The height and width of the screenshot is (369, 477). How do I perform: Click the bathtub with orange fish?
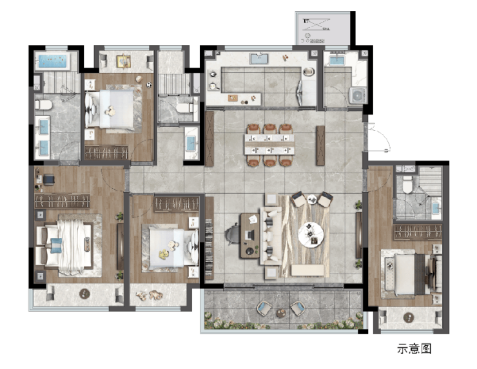click(x=52, y=61)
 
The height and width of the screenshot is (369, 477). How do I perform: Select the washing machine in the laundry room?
click(x=358, y=95)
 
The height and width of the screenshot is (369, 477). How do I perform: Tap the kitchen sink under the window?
click(x=259, y=59)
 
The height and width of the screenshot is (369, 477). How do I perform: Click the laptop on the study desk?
click(x=250, y=234)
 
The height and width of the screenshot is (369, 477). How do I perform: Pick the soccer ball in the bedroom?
click(x=149, y=85)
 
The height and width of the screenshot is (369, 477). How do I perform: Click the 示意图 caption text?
click(x=414, y=348)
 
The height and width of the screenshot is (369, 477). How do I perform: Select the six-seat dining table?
click(x=269, y=145)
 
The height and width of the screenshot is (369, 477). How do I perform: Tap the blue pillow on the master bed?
click(x=56, y=245)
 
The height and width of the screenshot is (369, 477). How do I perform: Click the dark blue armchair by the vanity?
click(x=49, y=179)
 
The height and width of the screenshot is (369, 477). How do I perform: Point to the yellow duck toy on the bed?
click(x=164, y=254)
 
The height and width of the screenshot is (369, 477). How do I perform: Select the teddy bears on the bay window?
click(x=149, y=295)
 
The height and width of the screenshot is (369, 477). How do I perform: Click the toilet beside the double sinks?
click(x=43, y=105)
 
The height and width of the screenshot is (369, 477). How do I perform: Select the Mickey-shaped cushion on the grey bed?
click(x=110, y=111)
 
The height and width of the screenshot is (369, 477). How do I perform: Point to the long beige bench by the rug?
click(x=307, y=270)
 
